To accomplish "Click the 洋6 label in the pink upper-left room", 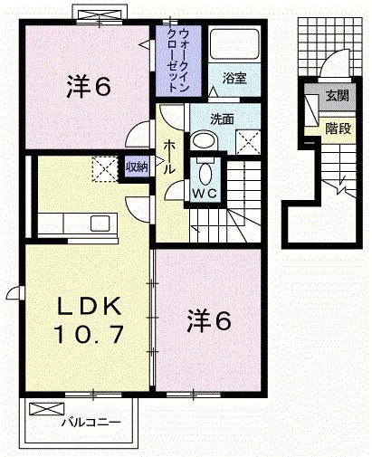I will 88,88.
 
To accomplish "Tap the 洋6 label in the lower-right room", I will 210,319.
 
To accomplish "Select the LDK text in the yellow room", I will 78,305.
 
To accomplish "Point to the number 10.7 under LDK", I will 78,336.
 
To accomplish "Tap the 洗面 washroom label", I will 223,118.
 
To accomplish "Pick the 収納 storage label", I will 136,167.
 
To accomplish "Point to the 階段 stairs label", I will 339,128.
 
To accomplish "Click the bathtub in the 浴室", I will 234,45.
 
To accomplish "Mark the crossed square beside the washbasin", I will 246,141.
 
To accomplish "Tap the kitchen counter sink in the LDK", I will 99,222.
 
